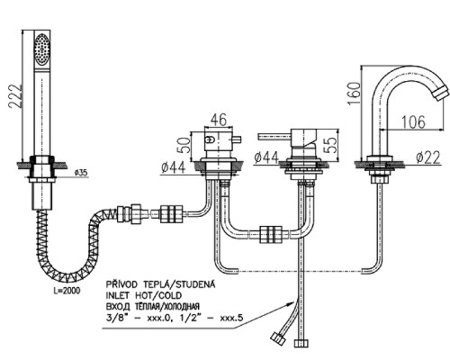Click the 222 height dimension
click(15, 95)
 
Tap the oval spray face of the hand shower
click(41, 49)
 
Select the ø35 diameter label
click(80, 173)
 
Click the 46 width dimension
click(218, 120)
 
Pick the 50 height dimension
click(184, 146)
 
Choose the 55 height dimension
click(331, 145)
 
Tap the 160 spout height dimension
click(354, 94)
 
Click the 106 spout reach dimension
click(413, 121)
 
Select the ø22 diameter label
click(428, 157)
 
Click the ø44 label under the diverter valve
click(173, 167)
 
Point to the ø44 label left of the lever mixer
click(266, 157)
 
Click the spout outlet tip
click(440, 93)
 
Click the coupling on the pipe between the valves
click(272, 234)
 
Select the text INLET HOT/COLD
click(144, 295)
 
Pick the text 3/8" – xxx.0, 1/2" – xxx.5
click(174, 318)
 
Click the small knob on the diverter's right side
click(236, 139)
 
